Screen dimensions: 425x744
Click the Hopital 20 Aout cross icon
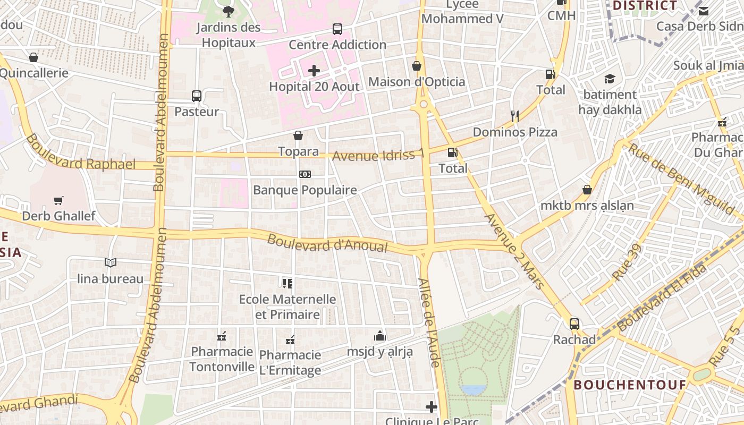[314, 70]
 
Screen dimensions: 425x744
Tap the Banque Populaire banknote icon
[305, 174]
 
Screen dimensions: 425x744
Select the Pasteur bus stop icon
[197, 96]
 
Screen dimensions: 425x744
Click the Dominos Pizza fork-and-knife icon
[514, 116]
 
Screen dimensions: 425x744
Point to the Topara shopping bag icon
[298, 136]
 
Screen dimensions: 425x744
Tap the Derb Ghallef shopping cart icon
[58, 200]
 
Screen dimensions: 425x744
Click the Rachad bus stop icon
[574, 324]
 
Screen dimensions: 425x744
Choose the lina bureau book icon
[111, 262]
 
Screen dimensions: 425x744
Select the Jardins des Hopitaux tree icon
[229, 11]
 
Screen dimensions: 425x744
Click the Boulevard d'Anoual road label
[327, 244]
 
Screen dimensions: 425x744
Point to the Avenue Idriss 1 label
[378, 155]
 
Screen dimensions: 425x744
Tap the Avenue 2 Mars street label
[515, 251]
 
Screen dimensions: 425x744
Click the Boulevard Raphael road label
[80, 153]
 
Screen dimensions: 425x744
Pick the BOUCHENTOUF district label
[630, 385]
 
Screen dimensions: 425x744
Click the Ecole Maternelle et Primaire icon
[287, 283]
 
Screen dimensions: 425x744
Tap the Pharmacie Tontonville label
[222, 359]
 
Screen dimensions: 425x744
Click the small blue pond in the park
[474, 390]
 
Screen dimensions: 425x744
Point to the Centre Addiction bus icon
[337, 29]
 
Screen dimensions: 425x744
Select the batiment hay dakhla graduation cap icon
[610, 79]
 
